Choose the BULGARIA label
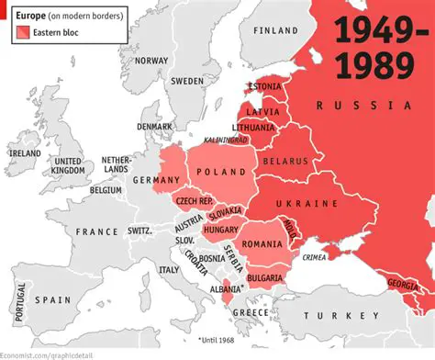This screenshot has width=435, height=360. (x=264, y=277)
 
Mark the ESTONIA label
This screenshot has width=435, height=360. (x=264, y=86)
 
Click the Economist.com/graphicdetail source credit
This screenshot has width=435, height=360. (x=44, y=354)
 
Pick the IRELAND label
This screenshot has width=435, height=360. (x=24, y=152)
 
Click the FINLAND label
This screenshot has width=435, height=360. (x=275, y=29)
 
